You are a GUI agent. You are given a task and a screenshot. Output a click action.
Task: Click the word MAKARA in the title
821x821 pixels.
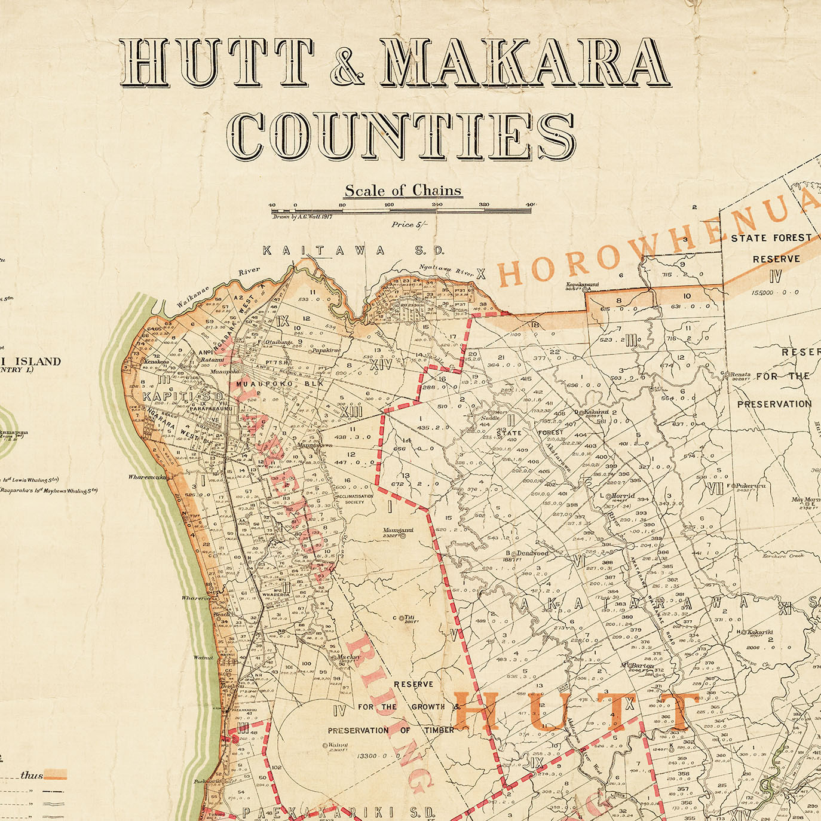pyautogui.click(x=523, y=62)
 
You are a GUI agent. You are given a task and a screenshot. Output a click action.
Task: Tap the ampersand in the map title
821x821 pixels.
pyautogui.click(x=347, y=64)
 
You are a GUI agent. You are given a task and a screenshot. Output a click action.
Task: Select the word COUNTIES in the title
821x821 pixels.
pyautogui.click(x=401, y=137)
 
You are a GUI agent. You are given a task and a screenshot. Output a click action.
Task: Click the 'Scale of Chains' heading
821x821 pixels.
pyautogui.click(x=403, y=191)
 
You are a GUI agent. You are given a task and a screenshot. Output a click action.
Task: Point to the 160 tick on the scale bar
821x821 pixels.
pyautogui.click(x=389, y=205)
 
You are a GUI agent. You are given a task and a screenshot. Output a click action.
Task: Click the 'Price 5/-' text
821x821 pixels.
pyautogui.click(x=410, y=225)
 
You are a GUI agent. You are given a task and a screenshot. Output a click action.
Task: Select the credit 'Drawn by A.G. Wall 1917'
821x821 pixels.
pyautogui.click(x=302, y=217)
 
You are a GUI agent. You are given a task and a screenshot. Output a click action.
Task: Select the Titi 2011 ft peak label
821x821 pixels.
pyautogui.click(x=409, y=620)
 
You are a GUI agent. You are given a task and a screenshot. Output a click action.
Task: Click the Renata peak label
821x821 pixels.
pyautogui.click(x=739, y=376)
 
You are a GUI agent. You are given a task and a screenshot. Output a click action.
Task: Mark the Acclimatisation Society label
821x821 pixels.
pyautogui.click(x=354, y=498)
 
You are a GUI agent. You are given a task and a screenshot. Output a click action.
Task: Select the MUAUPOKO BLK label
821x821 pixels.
pyautogui.click(x=280, y=383)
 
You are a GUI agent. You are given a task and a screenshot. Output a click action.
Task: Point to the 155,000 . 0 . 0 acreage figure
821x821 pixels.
pyautogui.click(x=776, y=293)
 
